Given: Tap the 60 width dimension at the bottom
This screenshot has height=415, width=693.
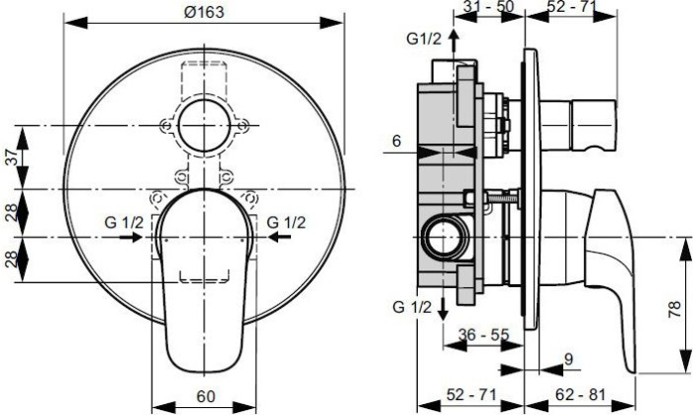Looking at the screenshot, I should (206, 397).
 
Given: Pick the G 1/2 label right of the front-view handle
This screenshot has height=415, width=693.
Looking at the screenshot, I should (286, 223).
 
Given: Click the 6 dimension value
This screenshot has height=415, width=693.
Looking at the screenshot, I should (396, 142).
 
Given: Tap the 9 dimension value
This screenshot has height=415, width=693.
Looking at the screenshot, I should (568, 358).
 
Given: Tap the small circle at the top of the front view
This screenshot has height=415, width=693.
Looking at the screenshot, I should (205, 126).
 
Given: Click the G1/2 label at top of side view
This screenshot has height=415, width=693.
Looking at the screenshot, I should (423, 39).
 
